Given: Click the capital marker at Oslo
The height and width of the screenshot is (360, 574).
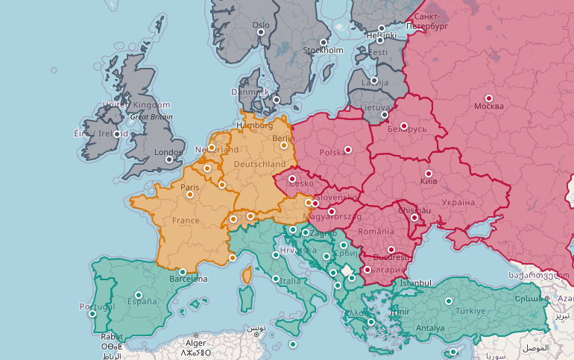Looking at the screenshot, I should pyautogui.click(x=262, y=33).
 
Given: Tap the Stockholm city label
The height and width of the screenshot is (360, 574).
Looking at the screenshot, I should pyautogui.click(x=323, y=51).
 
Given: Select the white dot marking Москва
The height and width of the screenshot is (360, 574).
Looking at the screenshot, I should pyautogui.click(x=489, y=98).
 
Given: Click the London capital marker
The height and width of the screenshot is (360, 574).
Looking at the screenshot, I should pyautogui.click(x=169, y=159).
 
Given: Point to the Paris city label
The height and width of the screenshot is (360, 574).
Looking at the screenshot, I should pyautogui.click(x=190, y=187).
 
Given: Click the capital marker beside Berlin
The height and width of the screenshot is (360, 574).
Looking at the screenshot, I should pyautogui.click(x=284, y=145).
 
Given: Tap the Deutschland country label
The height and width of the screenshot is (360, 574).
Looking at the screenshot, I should pyautogui.click(x=259, y=164).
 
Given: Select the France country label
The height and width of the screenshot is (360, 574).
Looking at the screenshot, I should pyautogui.click(x=186, y=221).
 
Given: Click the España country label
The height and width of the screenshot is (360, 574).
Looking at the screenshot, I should pyautogui.click(x=142, y=302).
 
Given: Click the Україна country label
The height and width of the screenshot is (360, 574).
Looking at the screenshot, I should pyautogui.click(x=457, y=202).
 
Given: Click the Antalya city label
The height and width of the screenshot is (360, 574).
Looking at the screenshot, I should pyautogui.click(x=430, y=328).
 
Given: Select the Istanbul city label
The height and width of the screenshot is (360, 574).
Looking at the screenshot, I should pyautogui.click(x=416, y=283).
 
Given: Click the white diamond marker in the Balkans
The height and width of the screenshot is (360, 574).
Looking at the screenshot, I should pyautogui.click(x=346, y=268).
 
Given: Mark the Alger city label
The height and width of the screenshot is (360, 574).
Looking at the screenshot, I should pyautogui.click(x=195, y=344).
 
